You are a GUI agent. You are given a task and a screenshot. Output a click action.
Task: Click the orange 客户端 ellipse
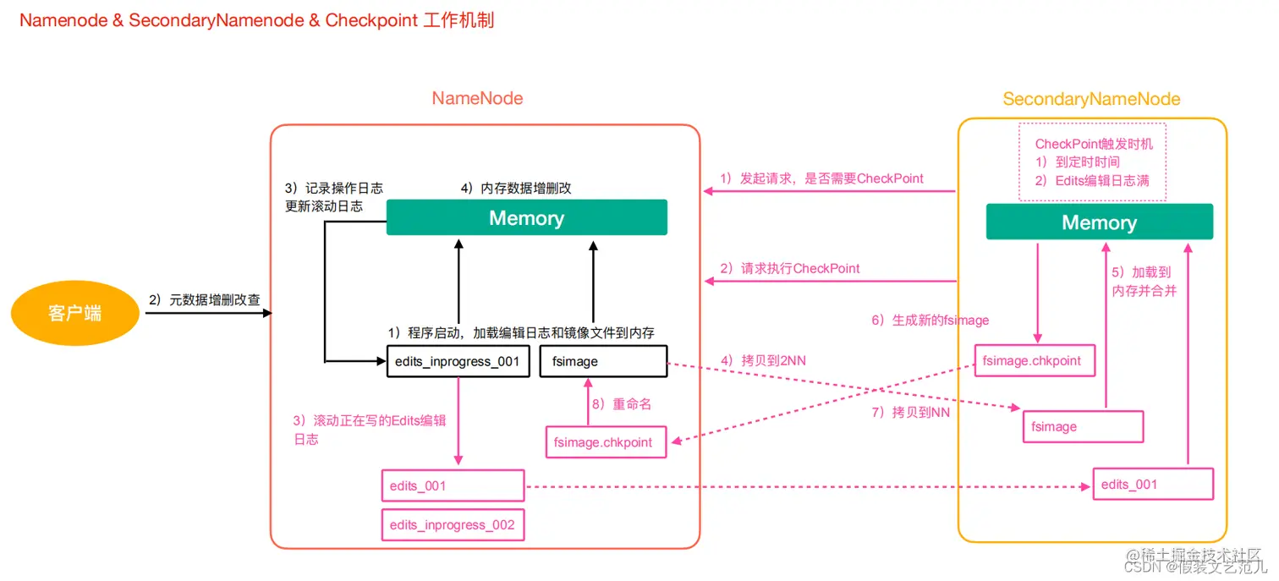pyautogui.click(x=74, y=313)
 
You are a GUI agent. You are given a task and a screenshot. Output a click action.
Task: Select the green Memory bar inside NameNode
pyautogui.click(x=526, y=217)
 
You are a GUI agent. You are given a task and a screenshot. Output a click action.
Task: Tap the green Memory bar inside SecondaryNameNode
pyautogui.click(x=1099, y=222)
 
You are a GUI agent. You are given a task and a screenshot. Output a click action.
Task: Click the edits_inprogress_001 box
pyautogui.click(x=458, y=361)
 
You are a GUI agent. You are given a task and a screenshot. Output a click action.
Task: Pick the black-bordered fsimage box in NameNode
pyautogui.click(x=602, y=361)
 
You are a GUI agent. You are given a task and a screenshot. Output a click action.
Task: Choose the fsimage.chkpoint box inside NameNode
pyautogui.click(x=606, y=441)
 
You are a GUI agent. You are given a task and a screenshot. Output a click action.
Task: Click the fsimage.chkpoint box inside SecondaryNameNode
pyautogui.click(x=1034, y=360)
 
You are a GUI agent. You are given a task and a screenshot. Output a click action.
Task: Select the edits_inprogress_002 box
pyautogui.click(x=453, y=524)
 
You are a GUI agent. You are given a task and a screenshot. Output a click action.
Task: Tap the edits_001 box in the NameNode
pyautogui.click(x=453, y=485)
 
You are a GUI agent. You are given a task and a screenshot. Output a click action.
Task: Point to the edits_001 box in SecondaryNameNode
pyautogui.click(x=1152, y=484)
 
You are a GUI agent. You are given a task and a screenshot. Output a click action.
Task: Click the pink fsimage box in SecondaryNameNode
pyautogui.click(x=1083, y=426)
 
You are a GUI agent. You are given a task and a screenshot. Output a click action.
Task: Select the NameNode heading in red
pyautogui.click(x=477, y=98)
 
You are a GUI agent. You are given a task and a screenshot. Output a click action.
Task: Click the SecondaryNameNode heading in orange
pyautogui.click(x=1091, y=99)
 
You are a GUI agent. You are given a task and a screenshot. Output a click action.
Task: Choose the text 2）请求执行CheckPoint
pyautogui.click(x=790, y=268)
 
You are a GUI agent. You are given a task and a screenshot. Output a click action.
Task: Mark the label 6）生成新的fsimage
pyautogui.click(x=930, y=321)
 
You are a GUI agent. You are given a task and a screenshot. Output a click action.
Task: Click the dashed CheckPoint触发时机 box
pyautogui.click(x=1092, y=162)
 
